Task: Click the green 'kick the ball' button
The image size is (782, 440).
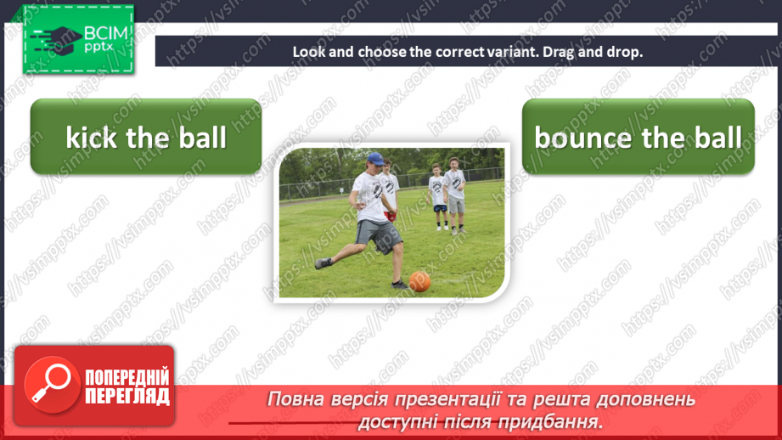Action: (x=145, y=137)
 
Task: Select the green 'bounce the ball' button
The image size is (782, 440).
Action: (x=638, y=137)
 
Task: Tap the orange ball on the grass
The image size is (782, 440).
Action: (x=419, y=281)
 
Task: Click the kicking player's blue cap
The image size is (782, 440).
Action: (x=375, y=158)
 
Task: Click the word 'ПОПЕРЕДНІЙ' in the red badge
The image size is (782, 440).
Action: (x=127, y=376)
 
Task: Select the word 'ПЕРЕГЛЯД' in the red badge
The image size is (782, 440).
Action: (x=127, y=396)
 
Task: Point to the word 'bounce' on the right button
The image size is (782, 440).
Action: (x=582, y=138)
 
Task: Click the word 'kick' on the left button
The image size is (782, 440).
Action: (x=91, y=138)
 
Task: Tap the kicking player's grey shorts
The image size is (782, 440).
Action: (x=379, y=234)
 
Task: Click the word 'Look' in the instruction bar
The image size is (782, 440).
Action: (x=308, y=51)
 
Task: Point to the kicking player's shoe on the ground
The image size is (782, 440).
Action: (x=323, y=263)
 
